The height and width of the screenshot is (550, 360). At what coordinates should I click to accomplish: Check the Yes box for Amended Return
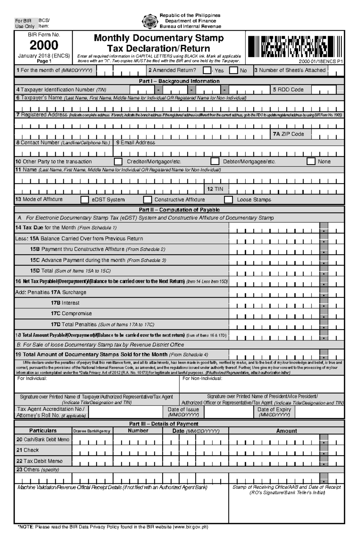[207, 70]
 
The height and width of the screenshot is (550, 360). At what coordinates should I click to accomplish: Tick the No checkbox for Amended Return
[233, 70]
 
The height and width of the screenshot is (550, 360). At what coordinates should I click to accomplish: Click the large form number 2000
[44, 45]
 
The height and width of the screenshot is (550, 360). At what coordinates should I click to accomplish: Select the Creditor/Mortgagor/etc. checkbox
[118, 162]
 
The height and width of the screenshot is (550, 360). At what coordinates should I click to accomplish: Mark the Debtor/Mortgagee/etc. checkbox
[215, 162]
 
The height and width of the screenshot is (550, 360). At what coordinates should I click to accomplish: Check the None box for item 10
[311, 162]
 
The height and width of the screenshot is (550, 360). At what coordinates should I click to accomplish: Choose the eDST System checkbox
[85, 200]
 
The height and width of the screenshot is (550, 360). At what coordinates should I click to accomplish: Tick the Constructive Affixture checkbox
[147, 200]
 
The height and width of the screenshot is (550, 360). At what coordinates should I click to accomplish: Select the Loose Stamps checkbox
[229, 200]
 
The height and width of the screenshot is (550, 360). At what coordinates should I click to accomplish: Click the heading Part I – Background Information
[179, 81]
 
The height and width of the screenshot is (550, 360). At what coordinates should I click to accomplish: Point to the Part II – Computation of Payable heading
[179, 210]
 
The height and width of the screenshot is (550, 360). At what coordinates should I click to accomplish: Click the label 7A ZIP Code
[288, 134]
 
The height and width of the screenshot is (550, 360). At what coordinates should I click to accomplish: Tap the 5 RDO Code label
[288, 90]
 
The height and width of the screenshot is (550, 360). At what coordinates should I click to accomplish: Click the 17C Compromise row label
[71, 314]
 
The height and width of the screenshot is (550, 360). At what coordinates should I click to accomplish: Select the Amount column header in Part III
[286, 431]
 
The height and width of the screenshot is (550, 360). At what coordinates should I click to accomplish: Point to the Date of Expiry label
[274, 409]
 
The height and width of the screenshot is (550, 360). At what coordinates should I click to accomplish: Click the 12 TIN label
[215, 189]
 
